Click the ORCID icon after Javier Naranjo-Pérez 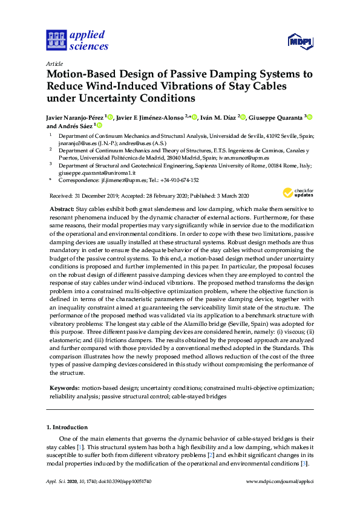110,117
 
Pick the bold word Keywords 64,387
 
